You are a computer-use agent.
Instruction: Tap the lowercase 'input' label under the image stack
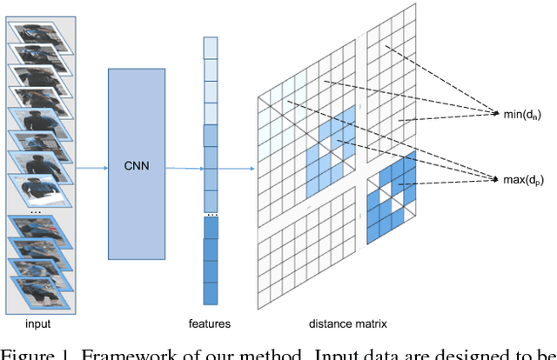[37, 323]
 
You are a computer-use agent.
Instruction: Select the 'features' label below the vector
[209, 323]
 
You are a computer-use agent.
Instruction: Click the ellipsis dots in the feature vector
[210, 213]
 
